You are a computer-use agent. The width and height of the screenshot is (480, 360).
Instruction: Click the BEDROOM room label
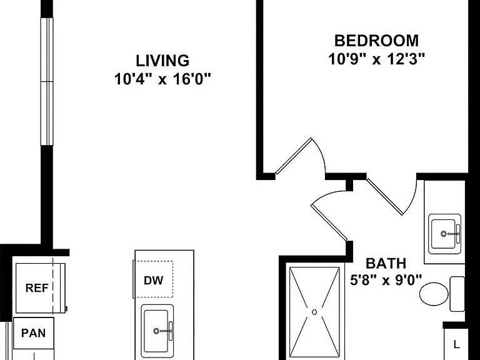376,41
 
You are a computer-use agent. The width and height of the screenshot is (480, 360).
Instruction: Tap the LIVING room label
162,61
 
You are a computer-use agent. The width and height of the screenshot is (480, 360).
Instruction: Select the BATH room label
386,264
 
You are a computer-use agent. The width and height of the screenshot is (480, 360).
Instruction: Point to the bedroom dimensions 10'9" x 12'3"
377,59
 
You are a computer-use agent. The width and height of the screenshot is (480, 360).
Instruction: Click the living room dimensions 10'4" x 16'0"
162,79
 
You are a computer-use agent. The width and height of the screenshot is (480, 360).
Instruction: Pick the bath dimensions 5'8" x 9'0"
386,280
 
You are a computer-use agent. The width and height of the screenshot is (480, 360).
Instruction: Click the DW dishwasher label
153,281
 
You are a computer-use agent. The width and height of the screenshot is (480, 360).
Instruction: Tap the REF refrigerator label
37,287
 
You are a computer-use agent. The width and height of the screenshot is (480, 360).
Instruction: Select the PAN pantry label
33,332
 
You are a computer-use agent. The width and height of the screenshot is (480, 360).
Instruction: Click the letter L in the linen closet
457,344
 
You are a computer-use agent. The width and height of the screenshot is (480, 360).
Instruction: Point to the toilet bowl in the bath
434,294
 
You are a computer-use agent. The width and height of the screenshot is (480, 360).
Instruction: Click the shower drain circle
314,312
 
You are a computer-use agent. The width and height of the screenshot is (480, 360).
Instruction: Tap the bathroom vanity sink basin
443,234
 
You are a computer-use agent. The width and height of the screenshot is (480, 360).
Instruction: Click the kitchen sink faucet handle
171,331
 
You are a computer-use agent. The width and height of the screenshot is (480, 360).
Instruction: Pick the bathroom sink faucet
451,234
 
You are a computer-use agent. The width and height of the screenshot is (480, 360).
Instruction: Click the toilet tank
457,294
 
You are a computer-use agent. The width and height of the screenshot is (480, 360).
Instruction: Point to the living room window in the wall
47,81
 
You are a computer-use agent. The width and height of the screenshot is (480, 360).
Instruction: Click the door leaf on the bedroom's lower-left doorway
294,156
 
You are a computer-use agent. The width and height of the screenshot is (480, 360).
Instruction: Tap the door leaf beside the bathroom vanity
385,196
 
